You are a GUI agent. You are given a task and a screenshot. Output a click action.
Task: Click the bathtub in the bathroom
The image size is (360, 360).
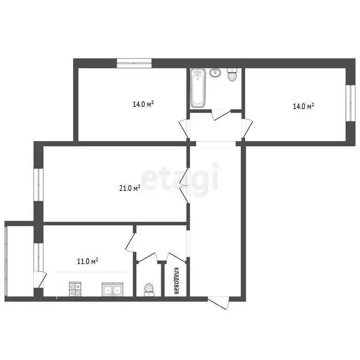pos(198,88)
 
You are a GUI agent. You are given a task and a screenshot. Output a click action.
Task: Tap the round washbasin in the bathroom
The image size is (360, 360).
pos(215,72)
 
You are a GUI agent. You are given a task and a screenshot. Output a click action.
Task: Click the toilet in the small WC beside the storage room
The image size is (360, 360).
pos(149,290)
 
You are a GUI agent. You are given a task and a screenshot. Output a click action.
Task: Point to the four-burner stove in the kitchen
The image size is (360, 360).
pos(75,289)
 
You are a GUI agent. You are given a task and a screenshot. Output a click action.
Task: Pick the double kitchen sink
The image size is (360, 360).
pos(112,289)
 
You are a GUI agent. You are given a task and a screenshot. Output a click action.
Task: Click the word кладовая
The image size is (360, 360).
pos(176,281)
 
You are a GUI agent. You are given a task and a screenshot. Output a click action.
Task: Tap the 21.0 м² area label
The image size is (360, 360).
pos(130,188)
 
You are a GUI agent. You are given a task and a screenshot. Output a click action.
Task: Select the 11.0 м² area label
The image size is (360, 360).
pos(88,261)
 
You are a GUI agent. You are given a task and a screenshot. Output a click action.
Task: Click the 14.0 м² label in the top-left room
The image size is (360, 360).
pos(143,104)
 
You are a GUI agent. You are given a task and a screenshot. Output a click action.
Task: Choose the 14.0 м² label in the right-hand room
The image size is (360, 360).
pos(304,106)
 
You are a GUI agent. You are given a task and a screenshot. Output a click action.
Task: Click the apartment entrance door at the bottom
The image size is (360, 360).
pos(218,303)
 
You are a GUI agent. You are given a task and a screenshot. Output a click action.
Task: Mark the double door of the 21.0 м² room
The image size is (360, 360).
pos(184,186)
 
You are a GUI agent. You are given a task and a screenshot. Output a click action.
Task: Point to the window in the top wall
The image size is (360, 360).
pos(134,63)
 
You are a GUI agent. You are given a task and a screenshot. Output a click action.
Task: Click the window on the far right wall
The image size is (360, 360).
pos(351,103)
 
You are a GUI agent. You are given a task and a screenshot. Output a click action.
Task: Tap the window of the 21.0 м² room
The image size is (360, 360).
pos(38,185)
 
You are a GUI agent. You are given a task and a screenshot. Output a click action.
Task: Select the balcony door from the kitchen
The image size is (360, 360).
pos(40,279)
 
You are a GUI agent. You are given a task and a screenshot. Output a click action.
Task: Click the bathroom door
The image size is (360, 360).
pos(221,114)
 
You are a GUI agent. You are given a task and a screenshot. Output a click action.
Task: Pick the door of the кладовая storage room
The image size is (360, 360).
pos(176,257)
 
